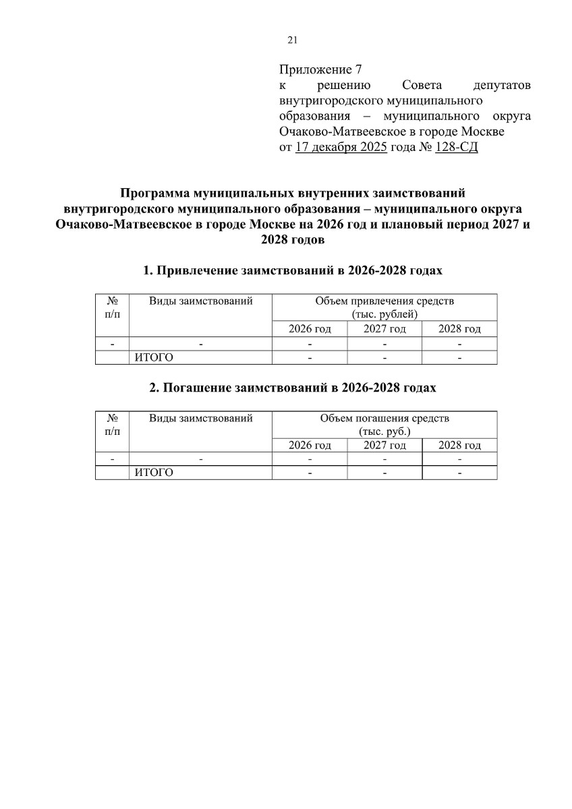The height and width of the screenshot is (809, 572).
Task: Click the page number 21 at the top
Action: pos(293,40)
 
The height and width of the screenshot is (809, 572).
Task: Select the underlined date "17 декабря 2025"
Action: pos(341,148)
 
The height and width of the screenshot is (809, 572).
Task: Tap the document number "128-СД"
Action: pos(457,148)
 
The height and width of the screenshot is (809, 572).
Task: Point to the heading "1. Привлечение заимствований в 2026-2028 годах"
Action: pos(293,271)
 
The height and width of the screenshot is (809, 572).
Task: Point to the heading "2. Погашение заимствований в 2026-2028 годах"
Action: pos(293,388)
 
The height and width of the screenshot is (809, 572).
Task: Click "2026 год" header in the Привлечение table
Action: pos(310,329)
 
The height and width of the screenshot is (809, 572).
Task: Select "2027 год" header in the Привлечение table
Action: pos(384,329)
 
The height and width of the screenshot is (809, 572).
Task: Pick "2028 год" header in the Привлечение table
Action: pos(459,329)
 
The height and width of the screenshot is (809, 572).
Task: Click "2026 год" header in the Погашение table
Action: pos(310,446)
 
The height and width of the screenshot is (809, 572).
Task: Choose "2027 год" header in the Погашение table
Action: pos(384,446)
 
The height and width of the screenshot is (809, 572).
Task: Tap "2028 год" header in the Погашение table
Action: pos(459,446)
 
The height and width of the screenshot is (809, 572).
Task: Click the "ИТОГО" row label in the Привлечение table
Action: pos(154,357)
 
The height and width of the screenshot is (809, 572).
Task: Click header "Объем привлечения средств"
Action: pos(384,301)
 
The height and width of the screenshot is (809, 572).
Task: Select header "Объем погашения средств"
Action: pos(384,418)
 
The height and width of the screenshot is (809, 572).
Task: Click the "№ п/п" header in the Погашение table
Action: pos(112,425)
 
